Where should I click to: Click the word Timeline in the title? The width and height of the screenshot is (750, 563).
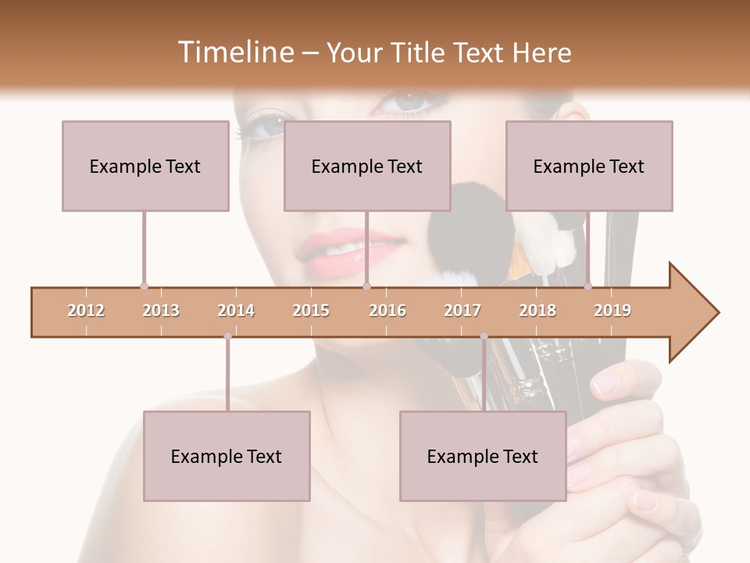point(234,52)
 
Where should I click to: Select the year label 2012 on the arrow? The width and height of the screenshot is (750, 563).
point(86,310)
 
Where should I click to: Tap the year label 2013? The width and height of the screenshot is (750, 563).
point(161,310)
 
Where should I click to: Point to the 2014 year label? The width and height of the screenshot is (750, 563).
point(236,310)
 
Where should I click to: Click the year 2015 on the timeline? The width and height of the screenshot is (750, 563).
point(311,310)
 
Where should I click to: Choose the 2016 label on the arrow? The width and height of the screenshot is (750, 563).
point(387,310)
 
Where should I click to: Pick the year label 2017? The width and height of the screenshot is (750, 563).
point(462,310)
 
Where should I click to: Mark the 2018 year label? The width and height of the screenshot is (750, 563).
point(537,310)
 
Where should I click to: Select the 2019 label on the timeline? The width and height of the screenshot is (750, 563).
point(612,310)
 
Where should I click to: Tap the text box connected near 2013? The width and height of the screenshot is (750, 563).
point(145,166)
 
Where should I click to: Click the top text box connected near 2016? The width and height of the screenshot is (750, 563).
point(367,166)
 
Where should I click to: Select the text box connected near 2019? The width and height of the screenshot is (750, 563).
point(589,166)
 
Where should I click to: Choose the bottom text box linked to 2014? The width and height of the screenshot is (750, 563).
point(227,456)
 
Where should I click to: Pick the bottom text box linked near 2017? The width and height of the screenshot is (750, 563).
point(483,456)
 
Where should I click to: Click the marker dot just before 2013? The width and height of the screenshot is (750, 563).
point(144,287)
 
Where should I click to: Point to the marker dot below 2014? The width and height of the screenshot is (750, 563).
point(227,336)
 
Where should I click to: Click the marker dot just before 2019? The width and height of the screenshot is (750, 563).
point(587,287)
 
